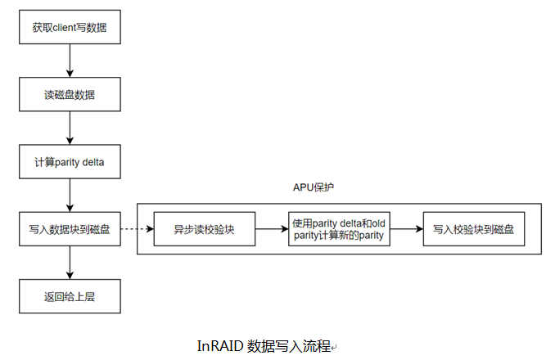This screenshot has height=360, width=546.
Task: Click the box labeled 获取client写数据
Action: pos(70,28)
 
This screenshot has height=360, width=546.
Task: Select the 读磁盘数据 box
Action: pos(70,95)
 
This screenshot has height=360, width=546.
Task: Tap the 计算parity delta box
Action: pos(70,162)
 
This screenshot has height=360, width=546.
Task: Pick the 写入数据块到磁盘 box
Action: pos(70,229)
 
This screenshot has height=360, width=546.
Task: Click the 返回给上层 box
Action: pos(70,296)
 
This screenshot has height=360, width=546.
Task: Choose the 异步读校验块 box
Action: pos(205,229)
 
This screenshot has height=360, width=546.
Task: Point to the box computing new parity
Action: pos(340,229)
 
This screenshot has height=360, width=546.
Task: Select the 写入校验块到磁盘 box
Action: pos(474,229)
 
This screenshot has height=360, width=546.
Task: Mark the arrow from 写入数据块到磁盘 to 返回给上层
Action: pos(70,263)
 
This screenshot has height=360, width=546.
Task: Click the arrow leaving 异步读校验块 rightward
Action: pos(272,229)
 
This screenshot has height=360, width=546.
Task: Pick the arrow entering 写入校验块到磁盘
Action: pos(407,229)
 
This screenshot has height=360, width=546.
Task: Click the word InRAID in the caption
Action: pos(219,345)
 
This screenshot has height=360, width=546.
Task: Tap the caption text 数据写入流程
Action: pos(287,345)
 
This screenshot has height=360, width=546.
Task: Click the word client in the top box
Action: pos(70,28)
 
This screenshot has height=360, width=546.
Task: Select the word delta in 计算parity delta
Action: pos(92,162)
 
